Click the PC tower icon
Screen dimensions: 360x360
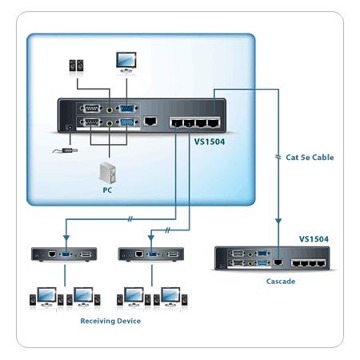tap(107, 173)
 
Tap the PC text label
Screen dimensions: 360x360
tap(107, 190)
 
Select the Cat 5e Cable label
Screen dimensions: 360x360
tap(310, 158)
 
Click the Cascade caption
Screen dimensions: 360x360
tap(281, 282)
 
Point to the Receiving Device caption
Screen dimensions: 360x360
tap(110, 321)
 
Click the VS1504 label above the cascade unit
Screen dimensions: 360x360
tap(314, 239)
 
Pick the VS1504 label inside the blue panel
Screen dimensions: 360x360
tap(210, 142)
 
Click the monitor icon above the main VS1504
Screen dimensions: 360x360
tap(126, 62)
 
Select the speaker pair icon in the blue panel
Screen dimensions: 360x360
tap(76, 66)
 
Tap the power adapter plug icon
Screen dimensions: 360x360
tap(65, 151)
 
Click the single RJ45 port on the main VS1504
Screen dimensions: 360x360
tap(150, 121)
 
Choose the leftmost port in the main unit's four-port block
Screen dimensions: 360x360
tap(177, 123)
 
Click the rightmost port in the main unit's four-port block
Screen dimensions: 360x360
tap(214, 123)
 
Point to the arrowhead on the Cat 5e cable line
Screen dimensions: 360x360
tap(278, 221)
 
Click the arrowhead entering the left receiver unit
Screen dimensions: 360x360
tap(66, 238)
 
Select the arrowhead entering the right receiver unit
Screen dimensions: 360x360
tap(151, 238)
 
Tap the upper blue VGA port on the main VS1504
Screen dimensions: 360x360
tap(127, 109)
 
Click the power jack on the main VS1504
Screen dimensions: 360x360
tap(70, 127)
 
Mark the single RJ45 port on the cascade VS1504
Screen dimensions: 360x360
tap(278, 262)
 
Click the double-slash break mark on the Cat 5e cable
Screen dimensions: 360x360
tap(278, 157)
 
